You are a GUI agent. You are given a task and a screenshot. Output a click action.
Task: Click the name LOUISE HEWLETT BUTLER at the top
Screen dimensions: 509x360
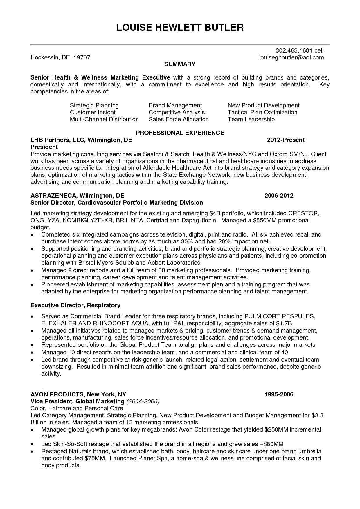point(180,28)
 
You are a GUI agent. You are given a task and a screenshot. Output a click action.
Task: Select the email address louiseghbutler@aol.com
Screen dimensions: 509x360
point(291,57)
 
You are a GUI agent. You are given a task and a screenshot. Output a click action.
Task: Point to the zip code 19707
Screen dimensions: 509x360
point(82,57)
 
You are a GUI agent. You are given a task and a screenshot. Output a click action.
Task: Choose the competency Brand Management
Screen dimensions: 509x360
point(175,105)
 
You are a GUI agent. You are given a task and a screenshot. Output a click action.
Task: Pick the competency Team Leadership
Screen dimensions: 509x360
point(251,119)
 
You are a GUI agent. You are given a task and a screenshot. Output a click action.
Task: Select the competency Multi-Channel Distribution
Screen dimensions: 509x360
point(104,119)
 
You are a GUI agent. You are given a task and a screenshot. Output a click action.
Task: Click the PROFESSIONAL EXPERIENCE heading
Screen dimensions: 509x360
point(180,133)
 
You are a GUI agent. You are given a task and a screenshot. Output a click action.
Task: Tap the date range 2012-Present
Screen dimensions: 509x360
point(286,140)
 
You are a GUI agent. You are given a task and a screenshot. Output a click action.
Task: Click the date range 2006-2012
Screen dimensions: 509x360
point(279,196)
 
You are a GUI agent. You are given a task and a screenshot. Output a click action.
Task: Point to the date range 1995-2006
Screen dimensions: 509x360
point(279,394)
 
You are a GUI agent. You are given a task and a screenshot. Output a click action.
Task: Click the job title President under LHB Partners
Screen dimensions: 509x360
point(44,147)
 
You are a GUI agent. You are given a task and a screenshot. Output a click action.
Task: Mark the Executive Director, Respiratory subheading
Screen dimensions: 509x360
point(75,305)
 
